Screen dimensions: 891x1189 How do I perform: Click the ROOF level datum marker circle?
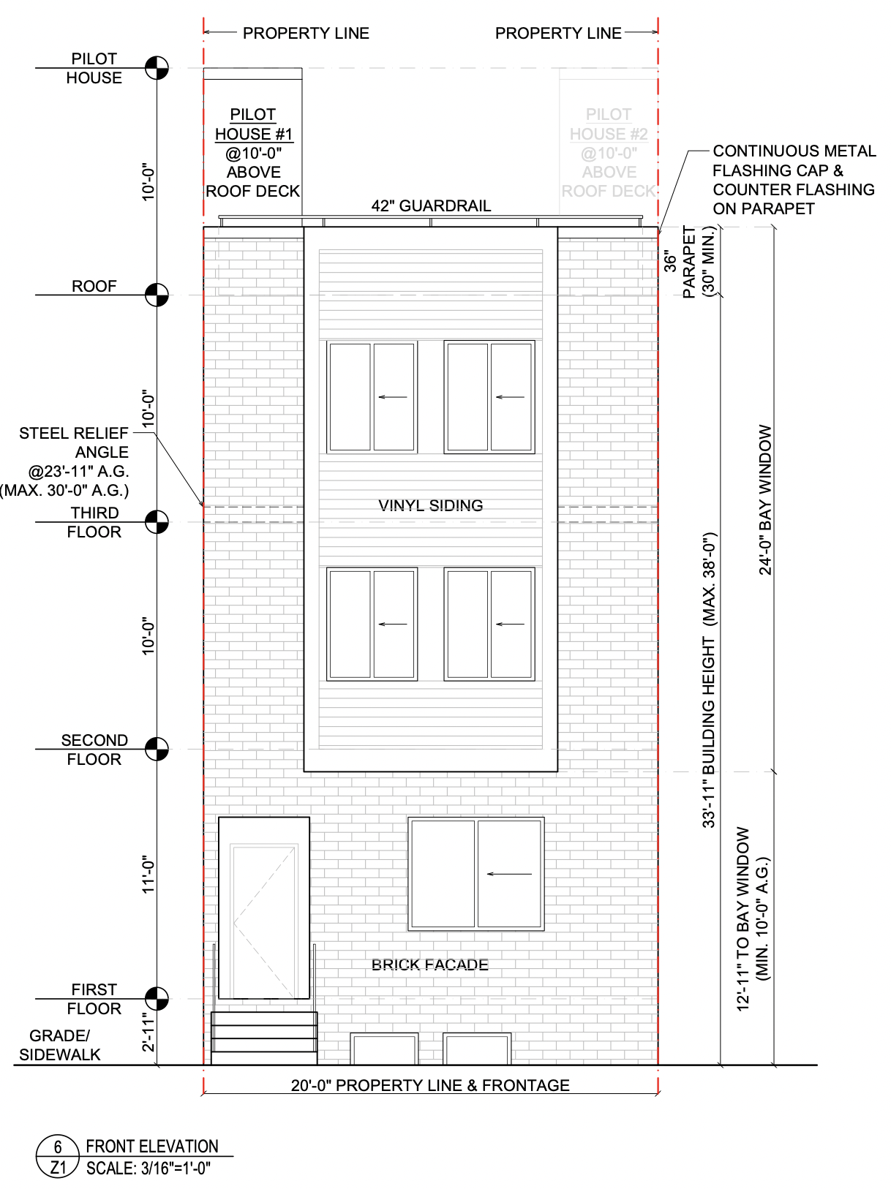pyautogui.click(x=157, y=295)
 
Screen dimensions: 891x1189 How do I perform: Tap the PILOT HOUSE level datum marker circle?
pyautogui.click(x=157, y=68)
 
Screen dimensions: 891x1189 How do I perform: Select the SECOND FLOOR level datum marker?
pyautogui.click(x=157, y=749)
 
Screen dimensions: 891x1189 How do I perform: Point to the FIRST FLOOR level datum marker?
pyautogui.click(x=157, y=998)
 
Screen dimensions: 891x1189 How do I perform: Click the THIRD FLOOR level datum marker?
pyautogui.click(x=157, y=522)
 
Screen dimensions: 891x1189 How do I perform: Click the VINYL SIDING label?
pyautogui.click(x=431, y=505)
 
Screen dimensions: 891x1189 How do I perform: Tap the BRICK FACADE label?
pyautogui.click(x=430, y=965)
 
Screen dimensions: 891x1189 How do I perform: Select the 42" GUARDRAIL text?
pyautogui.click(x=431, y=205)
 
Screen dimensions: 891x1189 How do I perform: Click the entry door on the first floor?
pyautogui.click(x=264, y=908)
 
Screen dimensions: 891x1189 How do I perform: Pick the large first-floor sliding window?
pyautogui.click(x=476, y=874)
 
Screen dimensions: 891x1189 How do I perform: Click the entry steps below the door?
pyautogui.click(x=264, y=1038)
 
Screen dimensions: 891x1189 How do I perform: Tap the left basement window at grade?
pyautogui.click(x=384, y=1049)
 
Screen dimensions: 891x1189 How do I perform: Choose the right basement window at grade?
pyautogui.click(x=477, y=1049)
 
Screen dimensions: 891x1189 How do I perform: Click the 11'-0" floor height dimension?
pyautogui.click(x=148, y=875)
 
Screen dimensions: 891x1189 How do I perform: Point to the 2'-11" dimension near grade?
pyautogui.click(x=148, y=1033)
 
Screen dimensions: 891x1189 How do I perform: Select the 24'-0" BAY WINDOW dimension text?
pyautogui.click(x=764, y=499)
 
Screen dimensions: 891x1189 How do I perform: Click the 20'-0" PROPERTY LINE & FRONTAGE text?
pyautogui.click(x=430, y=1086)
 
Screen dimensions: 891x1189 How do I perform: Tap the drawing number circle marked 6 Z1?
pyautogui.click(x=58, y=1156)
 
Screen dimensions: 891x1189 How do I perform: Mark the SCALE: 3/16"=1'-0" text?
pyautogui.click(x=148, y=1169)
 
